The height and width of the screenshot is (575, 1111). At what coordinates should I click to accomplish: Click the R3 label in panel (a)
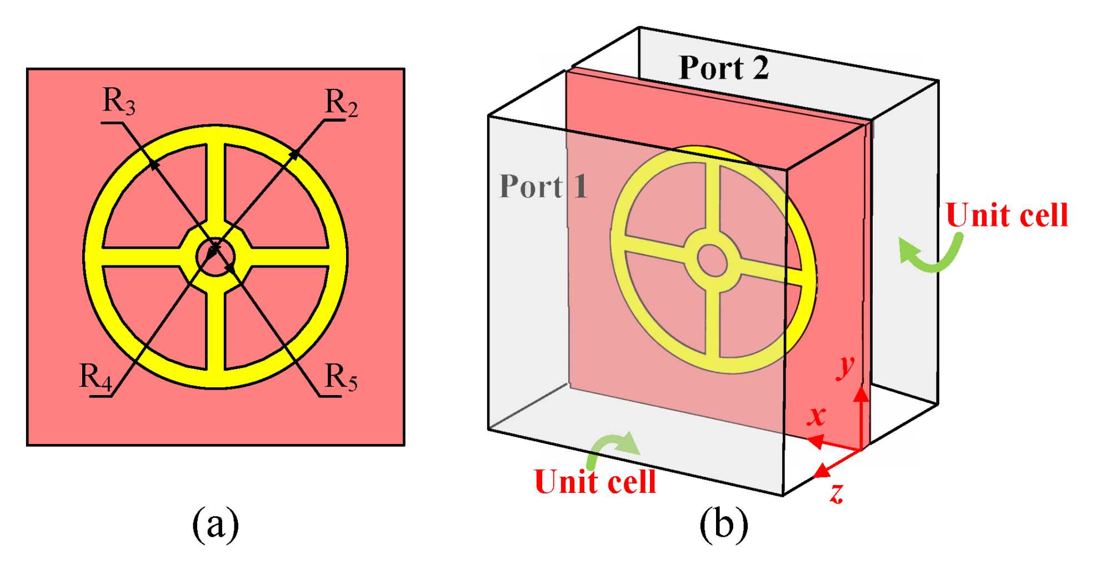[119, 102]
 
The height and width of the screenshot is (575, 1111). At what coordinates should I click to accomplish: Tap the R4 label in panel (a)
[96, 377]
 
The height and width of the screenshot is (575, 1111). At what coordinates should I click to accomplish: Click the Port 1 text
[543, 186]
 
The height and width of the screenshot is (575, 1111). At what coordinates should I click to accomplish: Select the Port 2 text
[724, 68]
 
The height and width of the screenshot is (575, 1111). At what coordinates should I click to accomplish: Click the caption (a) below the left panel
[216, 524]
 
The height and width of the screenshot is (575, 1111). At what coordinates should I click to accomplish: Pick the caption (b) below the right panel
[723, 524]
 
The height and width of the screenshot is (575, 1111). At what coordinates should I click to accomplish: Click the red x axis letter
[817, 415]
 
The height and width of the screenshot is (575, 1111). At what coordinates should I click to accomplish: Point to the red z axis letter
[837, 492]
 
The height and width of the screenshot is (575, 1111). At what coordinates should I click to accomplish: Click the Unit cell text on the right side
[1007, 215]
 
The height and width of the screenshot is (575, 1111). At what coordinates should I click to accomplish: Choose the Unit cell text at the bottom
[595, 482]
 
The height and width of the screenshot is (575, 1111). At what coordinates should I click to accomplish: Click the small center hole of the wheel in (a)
[216, 257]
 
